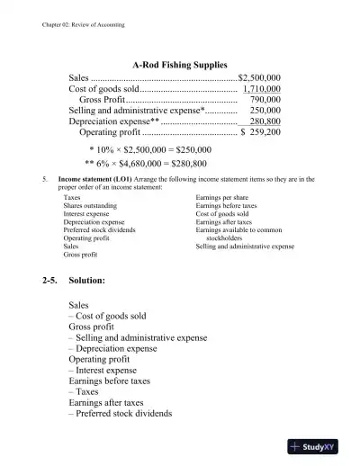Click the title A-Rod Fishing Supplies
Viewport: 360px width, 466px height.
(x=179, y=65)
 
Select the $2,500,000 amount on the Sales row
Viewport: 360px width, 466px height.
(x=259, y=78)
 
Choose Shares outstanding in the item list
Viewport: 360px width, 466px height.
(x=91, y=205)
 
